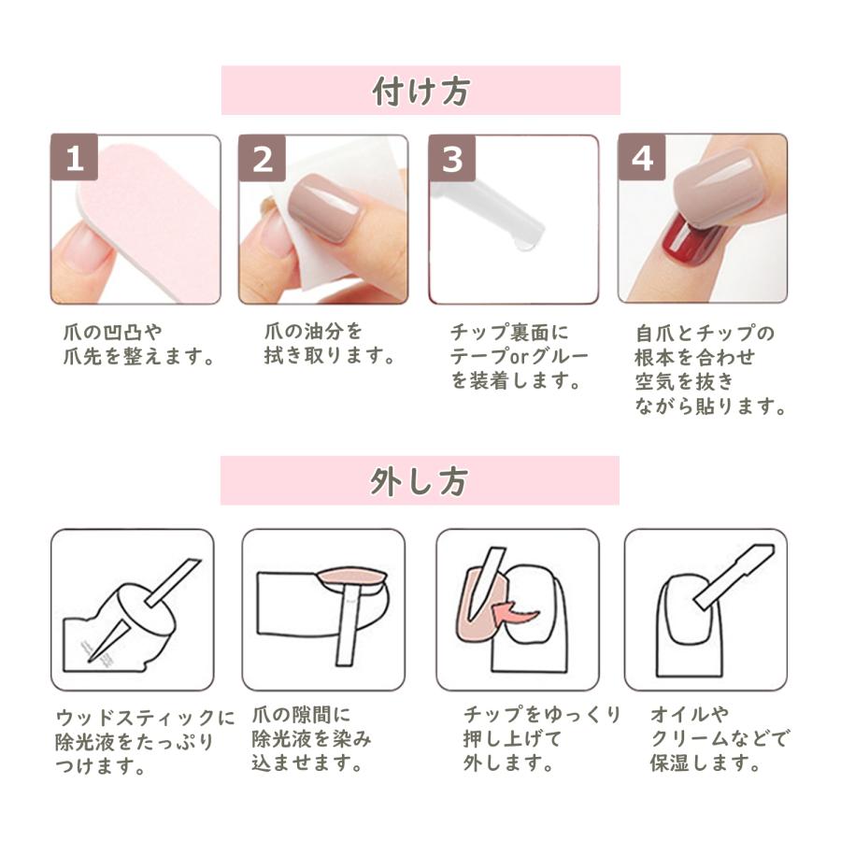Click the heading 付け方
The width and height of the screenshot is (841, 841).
420,92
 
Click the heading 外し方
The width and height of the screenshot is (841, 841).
420,481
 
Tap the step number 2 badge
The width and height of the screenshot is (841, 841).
263,159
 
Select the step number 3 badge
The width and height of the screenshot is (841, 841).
452,159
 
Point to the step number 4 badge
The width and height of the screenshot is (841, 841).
642,159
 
